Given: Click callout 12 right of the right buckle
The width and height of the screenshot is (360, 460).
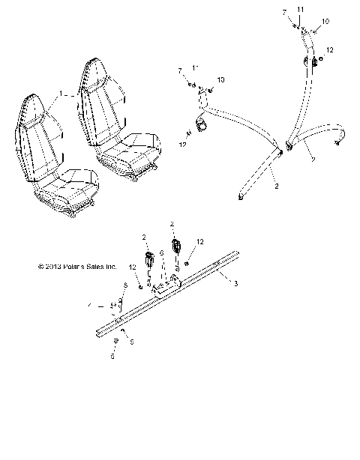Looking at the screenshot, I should tap(199, 241).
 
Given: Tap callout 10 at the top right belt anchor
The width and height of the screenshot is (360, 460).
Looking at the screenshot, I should tap(325, 21).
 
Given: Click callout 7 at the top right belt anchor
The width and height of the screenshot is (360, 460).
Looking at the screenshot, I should tap(284, 13).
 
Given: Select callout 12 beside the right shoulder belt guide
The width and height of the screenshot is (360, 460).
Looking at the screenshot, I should tap(329, 49).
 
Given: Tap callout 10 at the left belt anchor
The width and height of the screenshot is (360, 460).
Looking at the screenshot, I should tap(220, 79).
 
